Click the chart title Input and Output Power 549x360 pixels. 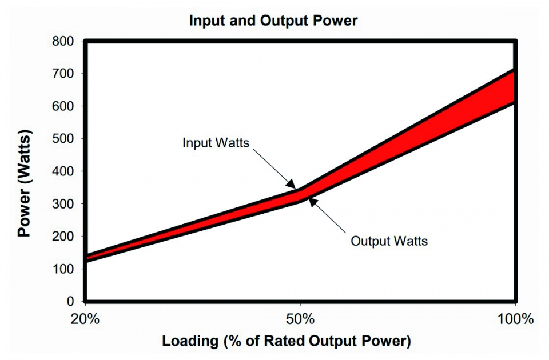[x=273, y=21]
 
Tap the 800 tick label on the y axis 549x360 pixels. [x=63, y=41]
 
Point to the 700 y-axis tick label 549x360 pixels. [x=63, y=74]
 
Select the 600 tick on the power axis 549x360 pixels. [x=63, y=106]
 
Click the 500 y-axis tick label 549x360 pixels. [x=63, y=138]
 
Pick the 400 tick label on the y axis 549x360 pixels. [x=63, y=171]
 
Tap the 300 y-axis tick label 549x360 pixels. [x=63, y=203]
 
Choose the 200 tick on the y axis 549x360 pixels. [x=63, y=236]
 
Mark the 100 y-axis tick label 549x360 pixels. [x=63, y=269]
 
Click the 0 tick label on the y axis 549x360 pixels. [x=70, y=301]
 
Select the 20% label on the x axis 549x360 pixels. [x=85, y=319]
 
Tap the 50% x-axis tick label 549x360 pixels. [x=300, y=319]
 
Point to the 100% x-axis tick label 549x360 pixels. [x=516, y=319]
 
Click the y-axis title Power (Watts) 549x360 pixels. [x=25, y=183]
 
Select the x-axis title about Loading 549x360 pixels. [x=287, y=341]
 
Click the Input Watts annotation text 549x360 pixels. [x=216, y=143]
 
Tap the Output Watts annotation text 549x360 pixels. [x=389, y=241]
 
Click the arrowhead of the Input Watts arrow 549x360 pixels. [x=291, y=185]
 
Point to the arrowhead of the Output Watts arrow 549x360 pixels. [x=313, y=202]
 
